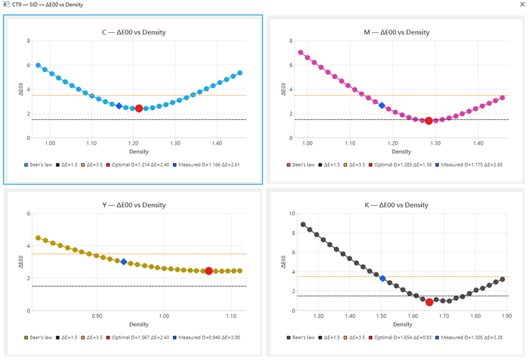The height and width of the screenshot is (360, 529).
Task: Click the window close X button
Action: click(x=522, y=4)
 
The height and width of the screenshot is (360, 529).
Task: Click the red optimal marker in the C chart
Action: click(x=138, y=109)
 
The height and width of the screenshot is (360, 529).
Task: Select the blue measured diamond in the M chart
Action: click(x=382, y=105)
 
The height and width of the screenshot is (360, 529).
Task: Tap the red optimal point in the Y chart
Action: click(x=209, y=271)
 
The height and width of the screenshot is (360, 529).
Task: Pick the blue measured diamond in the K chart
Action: click(x=382, y=278)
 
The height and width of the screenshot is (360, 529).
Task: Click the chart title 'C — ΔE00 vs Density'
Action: click(x=134, y=32)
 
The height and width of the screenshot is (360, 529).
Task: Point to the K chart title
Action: click(x=396, y=205)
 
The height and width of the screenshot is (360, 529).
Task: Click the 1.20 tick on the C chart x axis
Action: click(x=133, y=143)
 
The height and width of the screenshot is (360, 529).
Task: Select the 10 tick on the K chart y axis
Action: click(x=292, y=213)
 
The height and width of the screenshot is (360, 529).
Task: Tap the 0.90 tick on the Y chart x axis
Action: click(x=97, y=316)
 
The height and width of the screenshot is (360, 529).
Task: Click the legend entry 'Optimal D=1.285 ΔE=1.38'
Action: click(x=400, y=165)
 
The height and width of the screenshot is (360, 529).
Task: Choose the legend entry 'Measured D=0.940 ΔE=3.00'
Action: click(x=207, y=337)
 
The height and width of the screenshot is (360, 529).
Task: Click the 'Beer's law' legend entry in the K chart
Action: click(x=300, y=337)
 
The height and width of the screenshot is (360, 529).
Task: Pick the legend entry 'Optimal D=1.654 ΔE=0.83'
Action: click(x=400, y=337)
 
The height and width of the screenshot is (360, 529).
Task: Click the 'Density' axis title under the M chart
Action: click(x=401, y=151)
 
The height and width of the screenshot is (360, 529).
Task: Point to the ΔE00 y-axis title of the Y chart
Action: click(x=21, y=262)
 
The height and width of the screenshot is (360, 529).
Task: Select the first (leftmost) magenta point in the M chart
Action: click(x=300, y=52)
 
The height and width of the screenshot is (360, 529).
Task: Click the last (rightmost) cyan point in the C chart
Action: click(x=240, y=73)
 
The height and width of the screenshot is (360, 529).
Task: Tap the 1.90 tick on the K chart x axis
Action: click(x=506, y=316)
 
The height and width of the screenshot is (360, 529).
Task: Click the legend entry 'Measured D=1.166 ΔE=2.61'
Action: click(x=206, y=165)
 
